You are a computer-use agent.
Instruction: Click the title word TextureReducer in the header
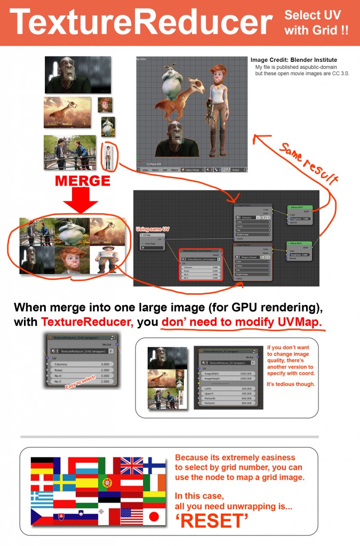click(141, 22)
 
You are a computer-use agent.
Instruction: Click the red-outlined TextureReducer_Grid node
click(199, 263)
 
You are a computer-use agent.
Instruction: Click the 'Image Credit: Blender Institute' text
click(293, 60)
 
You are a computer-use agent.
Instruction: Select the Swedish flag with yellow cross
click(64, 483)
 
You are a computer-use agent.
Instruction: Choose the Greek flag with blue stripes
click(42, 500)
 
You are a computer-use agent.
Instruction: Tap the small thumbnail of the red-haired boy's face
click(105, 105)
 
